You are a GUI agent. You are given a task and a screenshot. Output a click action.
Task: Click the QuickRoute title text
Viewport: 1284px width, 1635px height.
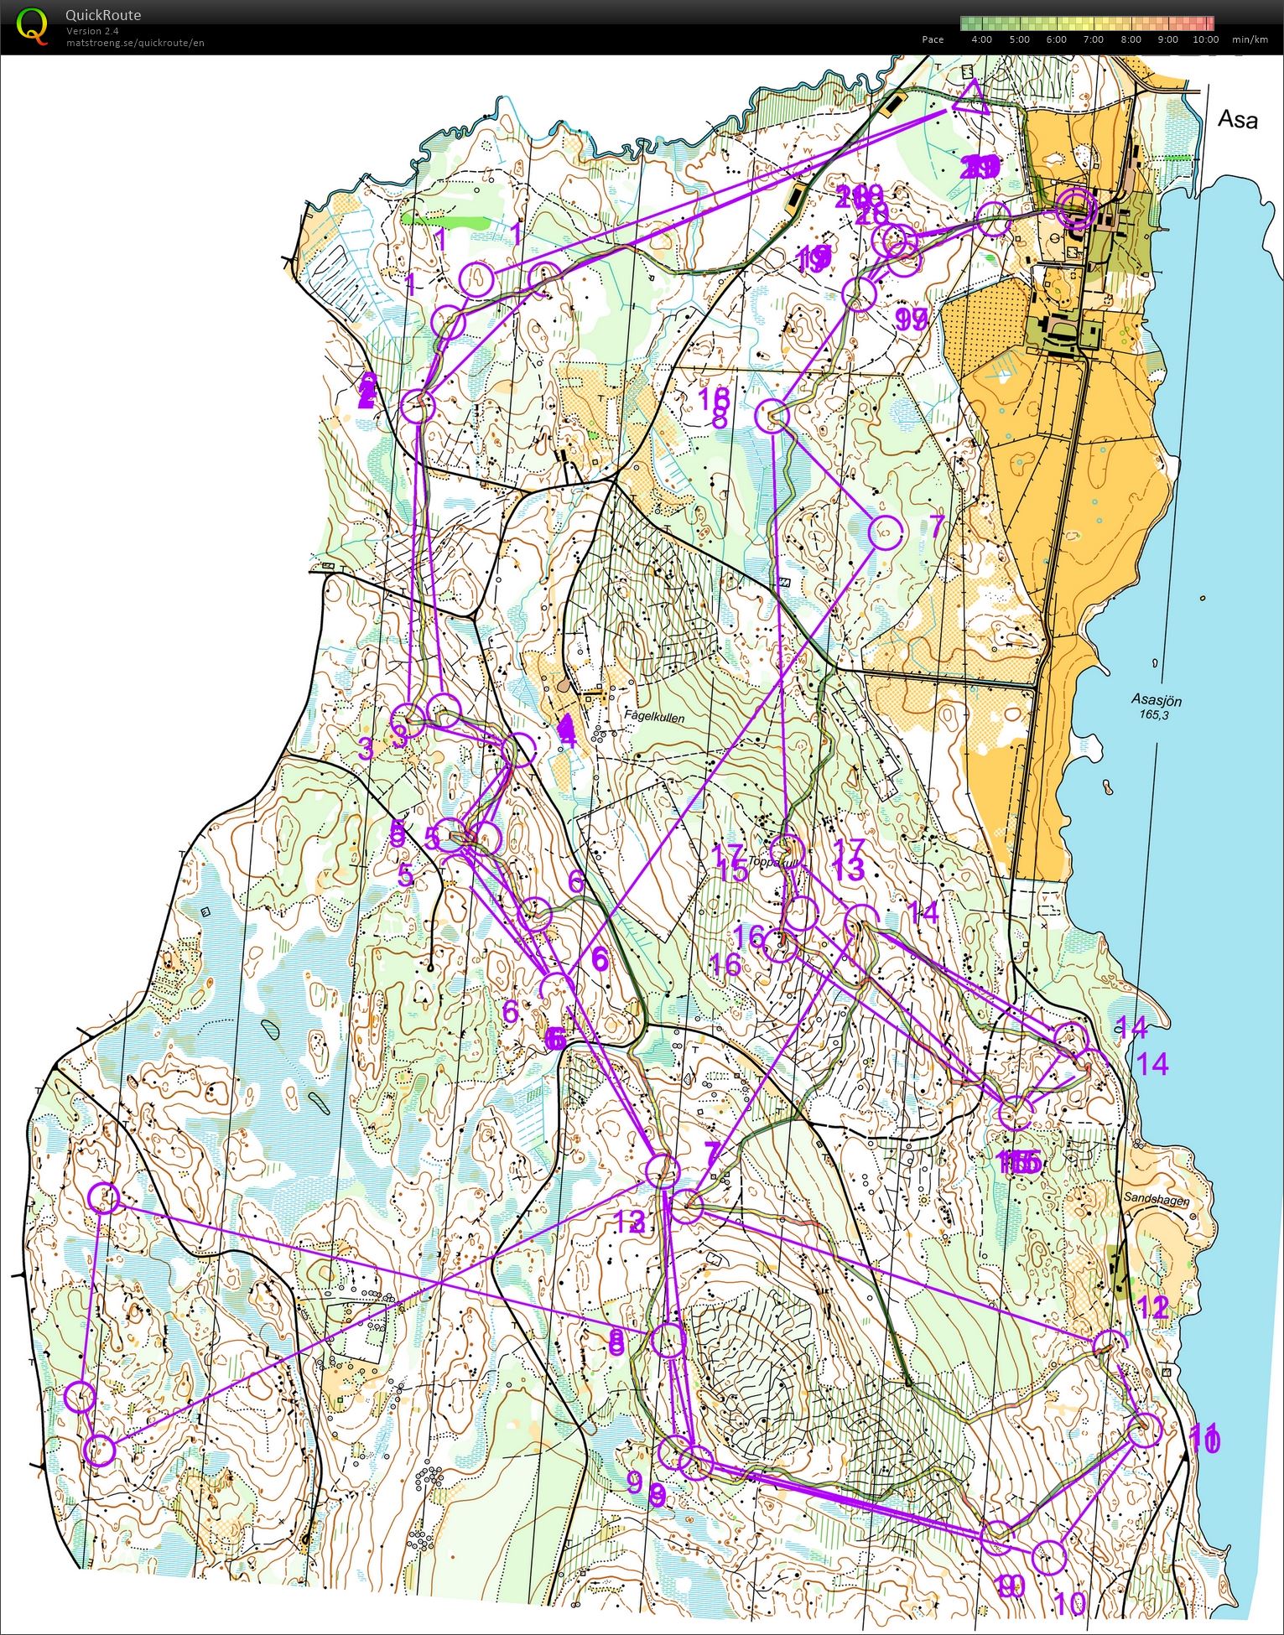103,15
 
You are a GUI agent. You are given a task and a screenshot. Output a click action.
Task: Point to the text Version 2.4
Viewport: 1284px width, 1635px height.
92,31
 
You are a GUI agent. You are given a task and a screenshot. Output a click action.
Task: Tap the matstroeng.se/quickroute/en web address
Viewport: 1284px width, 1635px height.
135,43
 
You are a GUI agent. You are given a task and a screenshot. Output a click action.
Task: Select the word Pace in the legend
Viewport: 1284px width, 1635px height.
933,39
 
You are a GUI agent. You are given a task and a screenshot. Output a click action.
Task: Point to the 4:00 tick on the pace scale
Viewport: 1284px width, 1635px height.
980,39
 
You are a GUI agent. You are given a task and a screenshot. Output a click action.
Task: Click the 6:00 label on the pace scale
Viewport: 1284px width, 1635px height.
1056,39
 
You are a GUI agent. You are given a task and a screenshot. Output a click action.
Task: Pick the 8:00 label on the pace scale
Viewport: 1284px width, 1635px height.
1131,39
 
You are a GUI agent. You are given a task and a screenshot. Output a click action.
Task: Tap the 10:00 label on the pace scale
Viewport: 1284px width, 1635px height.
1205,39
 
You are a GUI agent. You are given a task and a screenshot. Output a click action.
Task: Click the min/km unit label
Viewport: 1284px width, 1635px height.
1250,39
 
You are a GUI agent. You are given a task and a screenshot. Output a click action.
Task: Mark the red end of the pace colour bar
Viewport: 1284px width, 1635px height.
1208,23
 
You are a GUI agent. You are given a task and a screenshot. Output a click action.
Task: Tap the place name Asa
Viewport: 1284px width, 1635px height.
1238,120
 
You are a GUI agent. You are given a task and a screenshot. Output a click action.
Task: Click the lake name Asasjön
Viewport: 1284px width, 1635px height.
1157,700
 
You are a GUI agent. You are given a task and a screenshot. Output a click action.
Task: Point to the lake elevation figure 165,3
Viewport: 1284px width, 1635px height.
1154,715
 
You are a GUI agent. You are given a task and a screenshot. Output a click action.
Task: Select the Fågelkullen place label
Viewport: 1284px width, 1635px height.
654,719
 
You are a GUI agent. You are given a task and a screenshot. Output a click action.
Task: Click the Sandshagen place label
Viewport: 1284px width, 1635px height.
1157,1201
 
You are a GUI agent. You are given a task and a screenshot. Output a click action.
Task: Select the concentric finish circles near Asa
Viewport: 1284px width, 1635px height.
1076,209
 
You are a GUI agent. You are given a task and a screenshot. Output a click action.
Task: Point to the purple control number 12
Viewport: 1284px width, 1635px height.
1154,1306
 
